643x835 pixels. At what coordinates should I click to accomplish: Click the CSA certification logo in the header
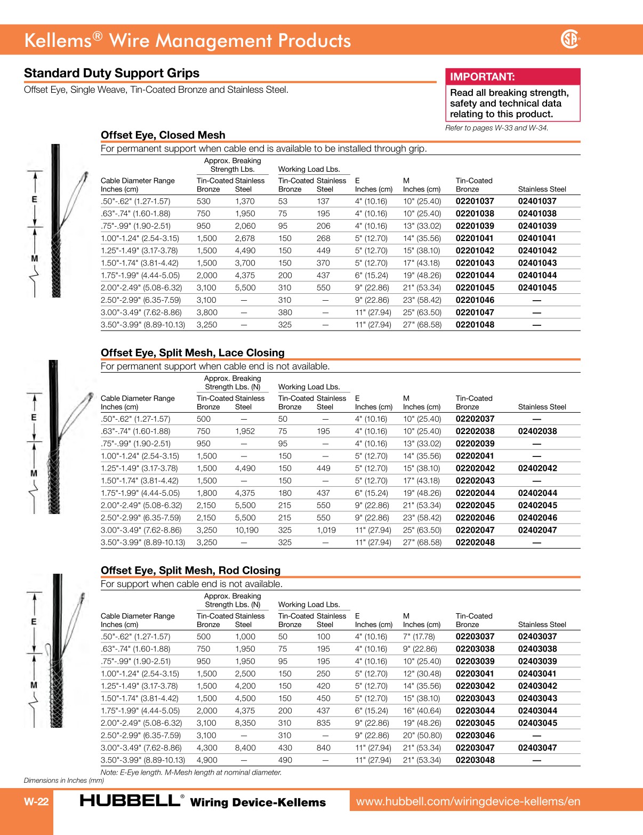(x=570, y=39)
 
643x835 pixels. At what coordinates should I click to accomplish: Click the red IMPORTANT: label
(x=482, y=77)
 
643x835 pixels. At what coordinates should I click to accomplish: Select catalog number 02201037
(x=475, y=202)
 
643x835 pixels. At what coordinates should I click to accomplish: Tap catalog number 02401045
(x=537, y=288)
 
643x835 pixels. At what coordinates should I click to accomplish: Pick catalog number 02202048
(x=475, y=543)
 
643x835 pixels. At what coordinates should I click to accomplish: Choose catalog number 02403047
(x=537, y=748)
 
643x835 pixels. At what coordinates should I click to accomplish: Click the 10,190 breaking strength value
(x=246, y=531)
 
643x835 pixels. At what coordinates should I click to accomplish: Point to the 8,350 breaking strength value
(x=245, y=724)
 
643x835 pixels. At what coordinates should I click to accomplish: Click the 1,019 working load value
(x=326, y=531)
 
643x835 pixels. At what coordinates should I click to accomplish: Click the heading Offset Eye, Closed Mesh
(x=163, y=135)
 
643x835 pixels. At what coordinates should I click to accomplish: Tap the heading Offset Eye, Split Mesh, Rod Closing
(x=190, y=571)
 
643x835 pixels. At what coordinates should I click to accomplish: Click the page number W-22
(x=36, y=801)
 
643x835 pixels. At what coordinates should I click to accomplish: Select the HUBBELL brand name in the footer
(x=130, y=801)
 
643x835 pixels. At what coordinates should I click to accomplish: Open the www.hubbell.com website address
(x=468, y=801)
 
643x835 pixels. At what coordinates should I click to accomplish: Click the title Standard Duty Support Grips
(x=111, y=74)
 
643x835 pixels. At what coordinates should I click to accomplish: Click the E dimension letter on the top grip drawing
(x=35, y=199)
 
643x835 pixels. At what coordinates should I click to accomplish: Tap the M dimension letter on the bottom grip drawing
(x=34, y=685)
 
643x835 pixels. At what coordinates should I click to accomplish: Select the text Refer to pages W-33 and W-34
(x=496, y=128)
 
